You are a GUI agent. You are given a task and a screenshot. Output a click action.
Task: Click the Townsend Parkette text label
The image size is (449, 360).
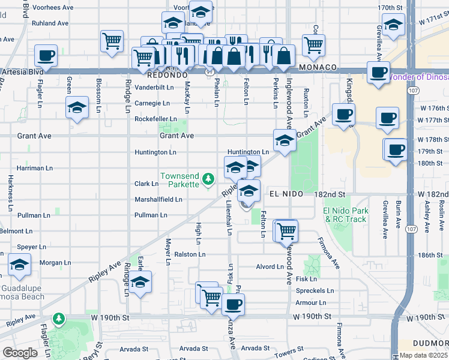[x=179, y=180]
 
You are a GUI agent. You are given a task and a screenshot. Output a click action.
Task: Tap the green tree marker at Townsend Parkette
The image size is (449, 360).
[x=208, y=178]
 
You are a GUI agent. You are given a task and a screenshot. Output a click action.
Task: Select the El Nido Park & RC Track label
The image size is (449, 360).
[x=345, y=215]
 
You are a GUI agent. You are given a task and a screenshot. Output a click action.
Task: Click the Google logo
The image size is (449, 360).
[x=20, y=353]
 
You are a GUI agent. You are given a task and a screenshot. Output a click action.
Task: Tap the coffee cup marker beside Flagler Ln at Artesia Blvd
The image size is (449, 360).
[x=46, y=56]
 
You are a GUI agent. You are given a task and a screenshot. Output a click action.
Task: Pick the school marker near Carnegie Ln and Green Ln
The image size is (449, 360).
[x=77, y=108]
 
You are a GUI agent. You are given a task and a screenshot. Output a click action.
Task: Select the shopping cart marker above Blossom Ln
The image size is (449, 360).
[x=111, y=41]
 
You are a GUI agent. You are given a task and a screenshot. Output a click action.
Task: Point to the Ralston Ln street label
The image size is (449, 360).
[x=190, y=254]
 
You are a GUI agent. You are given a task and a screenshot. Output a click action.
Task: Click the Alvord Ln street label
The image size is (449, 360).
[x=269, y=266]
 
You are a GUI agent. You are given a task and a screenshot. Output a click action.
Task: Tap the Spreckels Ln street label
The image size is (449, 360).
[x=310, y=291]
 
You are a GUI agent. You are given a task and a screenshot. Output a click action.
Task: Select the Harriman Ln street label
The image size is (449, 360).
[x=35, y=168]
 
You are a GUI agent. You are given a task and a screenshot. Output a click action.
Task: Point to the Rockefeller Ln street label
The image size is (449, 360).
[x=155, y=119]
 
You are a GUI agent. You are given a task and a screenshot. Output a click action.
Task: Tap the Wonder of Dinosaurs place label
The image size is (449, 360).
[x=418, y=77]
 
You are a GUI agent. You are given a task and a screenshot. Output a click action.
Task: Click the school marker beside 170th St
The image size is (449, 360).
[x=394, y=26]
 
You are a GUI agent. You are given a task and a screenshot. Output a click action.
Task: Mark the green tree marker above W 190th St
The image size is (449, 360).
[x=58, y=318]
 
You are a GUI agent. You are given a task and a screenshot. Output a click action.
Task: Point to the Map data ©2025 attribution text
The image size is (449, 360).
[x=423, y=355]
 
